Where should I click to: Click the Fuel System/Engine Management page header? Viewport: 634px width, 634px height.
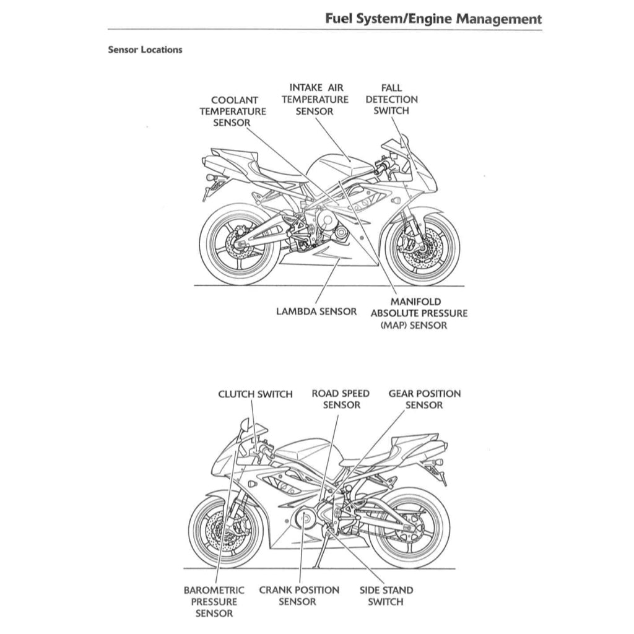coord(433,19)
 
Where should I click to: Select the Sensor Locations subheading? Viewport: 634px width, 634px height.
coord(145,50)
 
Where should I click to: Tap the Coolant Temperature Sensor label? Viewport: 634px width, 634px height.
coord(232,111)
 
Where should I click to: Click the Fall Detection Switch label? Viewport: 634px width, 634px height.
coord(391,100)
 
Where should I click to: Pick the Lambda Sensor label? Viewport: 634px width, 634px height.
coord(316,311)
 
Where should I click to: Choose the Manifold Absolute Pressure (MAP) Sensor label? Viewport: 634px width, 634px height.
coord(419,313)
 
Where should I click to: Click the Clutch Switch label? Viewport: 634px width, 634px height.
coord(255,394)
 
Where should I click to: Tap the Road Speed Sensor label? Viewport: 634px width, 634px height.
coord(341,399)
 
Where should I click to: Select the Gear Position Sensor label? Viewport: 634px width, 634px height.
coord(425,399)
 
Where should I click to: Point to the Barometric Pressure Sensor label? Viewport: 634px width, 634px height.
coord(214,602)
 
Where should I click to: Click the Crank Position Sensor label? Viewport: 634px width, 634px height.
coord(298,596)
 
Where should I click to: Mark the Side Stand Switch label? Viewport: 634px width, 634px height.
coord(386,596)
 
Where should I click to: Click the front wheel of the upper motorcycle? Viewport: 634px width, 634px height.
coord(422,248)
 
